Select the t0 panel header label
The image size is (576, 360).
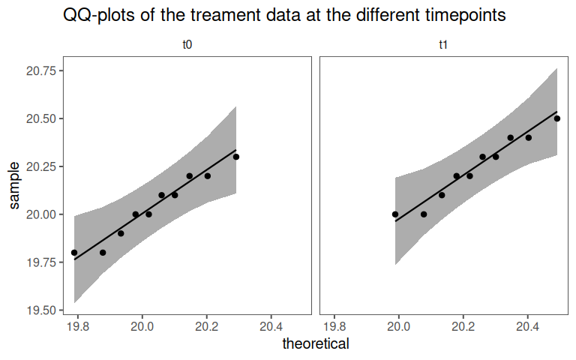point(187,46)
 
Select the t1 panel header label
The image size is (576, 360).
point(444,46)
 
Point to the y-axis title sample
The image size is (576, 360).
point(14,185)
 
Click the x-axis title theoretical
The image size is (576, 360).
point(316,344)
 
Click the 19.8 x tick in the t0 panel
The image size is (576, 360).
point(78,327)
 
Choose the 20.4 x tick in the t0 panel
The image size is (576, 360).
point(271,327)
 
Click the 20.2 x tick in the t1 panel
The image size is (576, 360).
point(463,327)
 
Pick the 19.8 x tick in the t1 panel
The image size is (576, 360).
point(334,327)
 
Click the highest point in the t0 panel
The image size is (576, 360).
point(235,157)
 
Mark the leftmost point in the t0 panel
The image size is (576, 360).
point(73,253)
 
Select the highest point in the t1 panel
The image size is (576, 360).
point(557,118)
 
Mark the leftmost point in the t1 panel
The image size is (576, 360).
point(395,214)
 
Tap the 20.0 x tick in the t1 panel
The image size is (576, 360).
point(399,327)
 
